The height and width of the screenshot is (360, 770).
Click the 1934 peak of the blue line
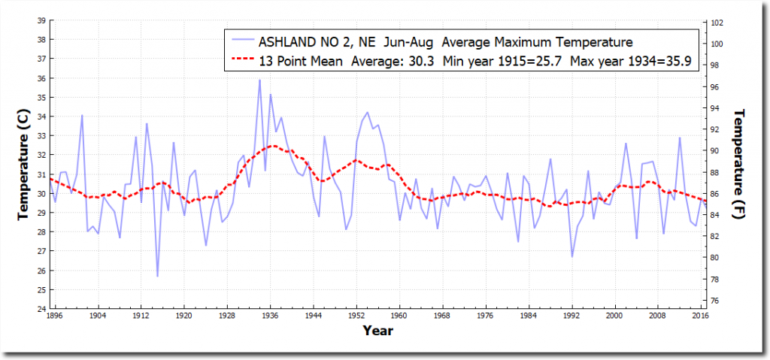(x=259, y=80)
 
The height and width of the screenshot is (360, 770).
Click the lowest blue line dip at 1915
(x=157, y=276)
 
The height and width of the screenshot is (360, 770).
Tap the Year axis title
(x=377, y=330)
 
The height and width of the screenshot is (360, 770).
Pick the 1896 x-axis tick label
(x=54, y=316)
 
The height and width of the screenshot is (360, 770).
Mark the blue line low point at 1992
(x=572, y=256)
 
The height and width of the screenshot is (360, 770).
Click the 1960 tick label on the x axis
(x=399, y=316)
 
